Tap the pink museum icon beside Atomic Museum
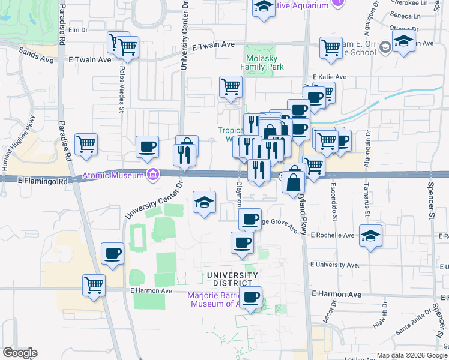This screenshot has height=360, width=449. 154,175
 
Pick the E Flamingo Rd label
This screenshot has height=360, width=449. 40,179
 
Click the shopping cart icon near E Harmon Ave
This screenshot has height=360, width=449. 94,285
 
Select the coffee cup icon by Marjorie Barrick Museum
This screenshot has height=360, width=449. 250,296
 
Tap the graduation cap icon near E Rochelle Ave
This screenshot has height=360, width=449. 370,235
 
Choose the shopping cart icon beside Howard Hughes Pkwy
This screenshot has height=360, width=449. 86,144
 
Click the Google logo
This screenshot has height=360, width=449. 20,353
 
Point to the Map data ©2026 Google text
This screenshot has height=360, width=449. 412,355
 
